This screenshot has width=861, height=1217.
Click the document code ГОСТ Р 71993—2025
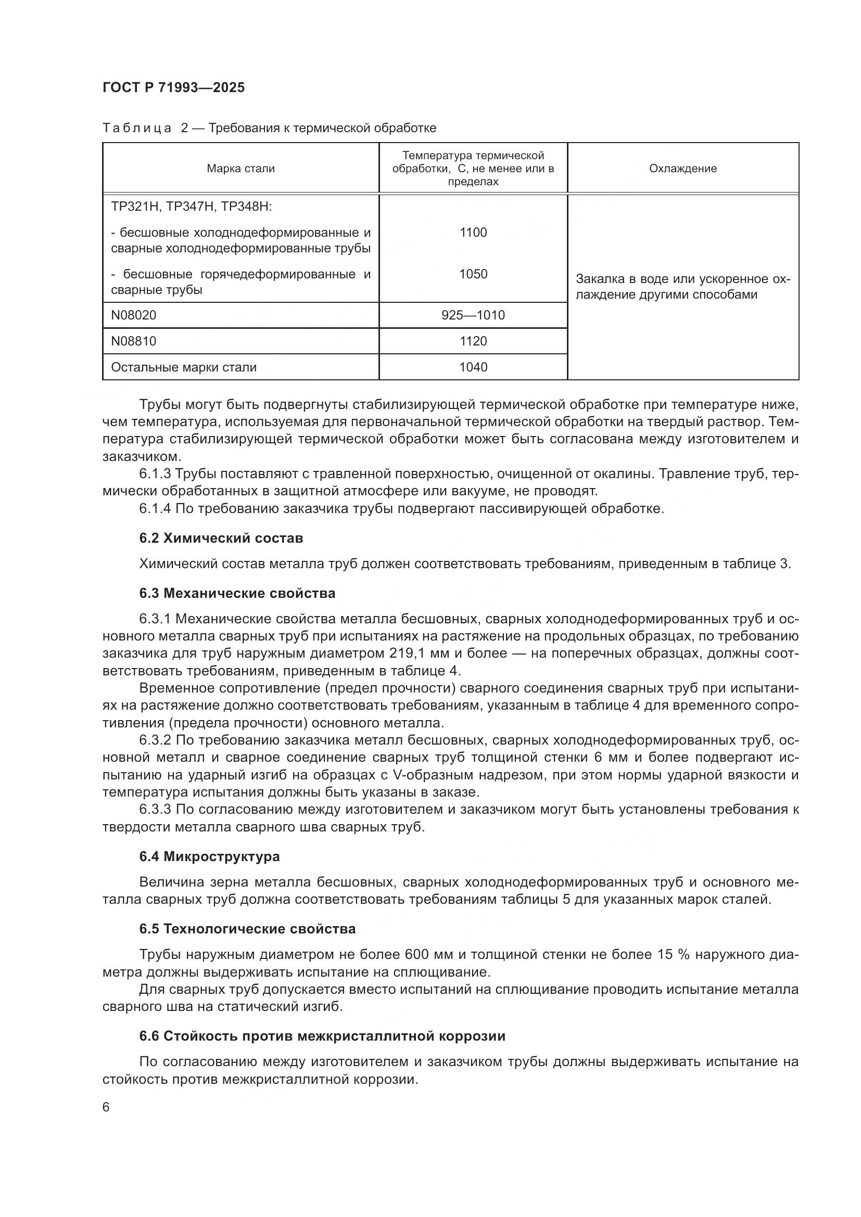click(x=173, y=87)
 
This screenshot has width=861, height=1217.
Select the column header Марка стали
click(x=240, y=169)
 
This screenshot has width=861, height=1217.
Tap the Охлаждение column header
click(x=683, y=169)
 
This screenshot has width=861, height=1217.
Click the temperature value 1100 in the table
click(x=473, y=232)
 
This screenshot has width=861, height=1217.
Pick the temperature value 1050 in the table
click(x=473, y=274)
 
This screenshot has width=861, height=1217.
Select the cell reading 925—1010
click(x=473, y=315)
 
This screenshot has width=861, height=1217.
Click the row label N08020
click(x=134, y=315)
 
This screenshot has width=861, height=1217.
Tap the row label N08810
click(x=134, y=341)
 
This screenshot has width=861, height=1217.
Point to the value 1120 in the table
click(x=473, y=341)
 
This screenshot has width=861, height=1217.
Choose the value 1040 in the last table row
click(x=473, y=367)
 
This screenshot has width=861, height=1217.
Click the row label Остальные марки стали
click(x=183, y=367)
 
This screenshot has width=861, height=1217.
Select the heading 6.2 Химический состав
click(x=221, y=538)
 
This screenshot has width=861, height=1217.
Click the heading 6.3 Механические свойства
click(x=237, y=593)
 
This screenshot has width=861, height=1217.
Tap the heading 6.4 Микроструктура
click(x=209, y=856)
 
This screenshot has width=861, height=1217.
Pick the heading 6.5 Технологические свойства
click(x=247, y=929)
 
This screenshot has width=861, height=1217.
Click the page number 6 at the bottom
click(x=106, y=1107)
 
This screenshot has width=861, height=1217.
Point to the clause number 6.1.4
click(x=155, y=509)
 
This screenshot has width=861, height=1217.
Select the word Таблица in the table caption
click(x=137, y=129)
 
